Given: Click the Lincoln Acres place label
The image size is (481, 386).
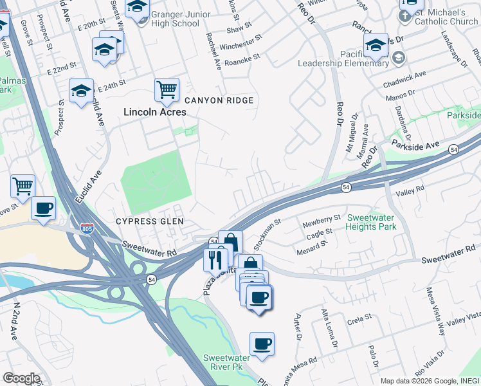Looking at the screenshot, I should (x=155, y=112).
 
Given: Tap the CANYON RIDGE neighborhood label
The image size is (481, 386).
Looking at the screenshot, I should (x=219, y=100).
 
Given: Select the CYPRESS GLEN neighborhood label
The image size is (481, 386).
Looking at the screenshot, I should (x=150, y=221).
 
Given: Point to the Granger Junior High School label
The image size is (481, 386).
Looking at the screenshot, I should (x=175, y=18).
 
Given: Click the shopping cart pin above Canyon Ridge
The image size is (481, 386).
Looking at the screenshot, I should (x=167, y=89).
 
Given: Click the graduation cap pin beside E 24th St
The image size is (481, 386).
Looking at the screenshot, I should (x=82, y=91).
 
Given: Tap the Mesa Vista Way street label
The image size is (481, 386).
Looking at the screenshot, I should (x=437, y=318).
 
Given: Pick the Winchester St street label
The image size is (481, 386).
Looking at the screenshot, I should (x=242, y=46).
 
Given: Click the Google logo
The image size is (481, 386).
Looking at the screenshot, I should (x=21, y=378).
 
